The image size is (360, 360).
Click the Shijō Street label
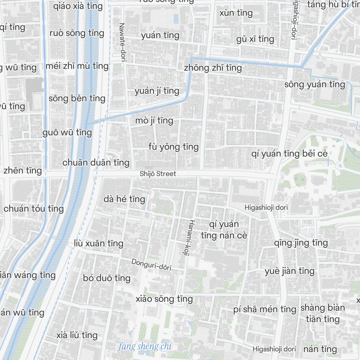coord(158,174)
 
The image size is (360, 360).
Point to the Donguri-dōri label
coord(151,265)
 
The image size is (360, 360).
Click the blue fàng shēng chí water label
coord(145,347)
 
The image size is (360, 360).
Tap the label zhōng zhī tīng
coord(212,68)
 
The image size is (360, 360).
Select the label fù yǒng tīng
coord(173,147)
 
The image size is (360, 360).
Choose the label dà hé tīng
coord(124,199)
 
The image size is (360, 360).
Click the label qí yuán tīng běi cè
coord(289,154)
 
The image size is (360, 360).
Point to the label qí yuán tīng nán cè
coord(224,230)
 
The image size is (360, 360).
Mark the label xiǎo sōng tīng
coord(164,299)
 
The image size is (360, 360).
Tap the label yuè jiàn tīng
coord(289,271)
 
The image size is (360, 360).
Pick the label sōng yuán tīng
coord(315,85)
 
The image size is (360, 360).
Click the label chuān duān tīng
coord(96,163)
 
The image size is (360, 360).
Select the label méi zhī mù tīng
coord(77,66)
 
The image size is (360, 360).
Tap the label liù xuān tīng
coord(99,244)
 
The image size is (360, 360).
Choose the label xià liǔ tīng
coord(77,336)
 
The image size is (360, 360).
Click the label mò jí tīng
coord(154,121)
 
